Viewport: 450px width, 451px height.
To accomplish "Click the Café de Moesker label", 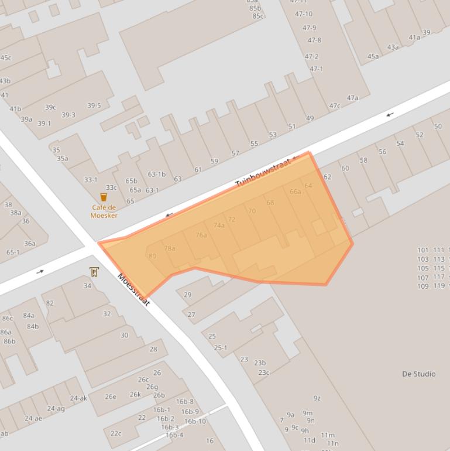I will click(104, 211).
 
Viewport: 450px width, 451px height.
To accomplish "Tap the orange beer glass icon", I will click(104, 197).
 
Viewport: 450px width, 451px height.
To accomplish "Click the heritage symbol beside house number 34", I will click(94, 272).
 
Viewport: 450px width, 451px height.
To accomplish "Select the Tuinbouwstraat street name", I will click(266, 172).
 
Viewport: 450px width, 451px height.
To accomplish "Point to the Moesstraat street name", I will click(134, 290).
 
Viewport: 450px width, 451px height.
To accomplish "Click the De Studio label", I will click(418, 374).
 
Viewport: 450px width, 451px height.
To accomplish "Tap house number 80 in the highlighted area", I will click(152, 256).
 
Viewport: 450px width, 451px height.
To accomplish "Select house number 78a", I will click(169, 248).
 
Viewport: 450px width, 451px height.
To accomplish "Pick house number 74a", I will click(219, 225).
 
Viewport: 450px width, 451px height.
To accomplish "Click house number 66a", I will click(295, 192).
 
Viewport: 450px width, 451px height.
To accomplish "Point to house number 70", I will click(252, 211).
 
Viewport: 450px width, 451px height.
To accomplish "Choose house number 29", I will click(187, 295).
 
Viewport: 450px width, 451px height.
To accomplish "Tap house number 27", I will click(191, 315).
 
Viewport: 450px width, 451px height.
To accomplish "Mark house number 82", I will click(50, 303).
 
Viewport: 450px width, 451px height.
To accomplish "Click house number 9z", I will click(317, 398).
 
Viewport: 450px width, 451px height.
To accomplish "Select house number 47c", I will click(334, 106).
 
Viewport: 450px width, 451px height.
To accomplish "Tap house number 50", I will click(438, 127).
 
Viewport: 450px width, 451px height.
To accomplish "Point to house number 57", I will click(235, 153).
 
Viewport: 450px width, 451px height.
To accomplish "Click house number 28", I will click(153, 349).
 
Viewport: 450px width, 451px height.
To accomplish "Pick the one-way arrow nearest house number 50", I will click(390, 114).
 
